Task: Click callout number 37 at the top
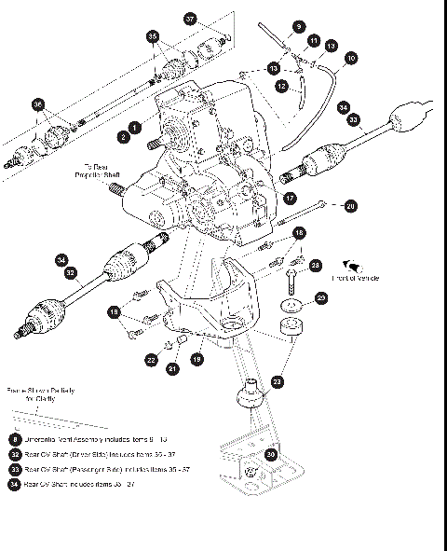click(x=190, y=19)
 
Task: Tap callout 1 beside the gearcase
click(x=135, y=126)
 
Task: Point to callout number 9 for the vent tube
click(x=299, y=27)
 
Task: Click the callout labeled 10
click(x=350, y=58)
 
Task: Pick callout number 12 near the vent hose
click(x=281, y=85)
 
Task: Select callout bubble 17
click(x=290, y=198)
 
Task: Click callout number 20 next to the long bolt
click(x=350, y=205)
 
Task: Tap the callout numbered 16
click(x=299, y=232)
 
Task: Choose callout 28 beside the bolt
click(x=315, y=266)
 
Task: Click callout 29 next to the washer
click(x=321, y=297)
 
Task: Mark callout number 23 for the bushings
click(x=278, y=381)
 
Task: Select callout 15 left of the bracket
click(x=114, y=311)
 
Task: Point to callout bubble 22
click(x=151, y=359)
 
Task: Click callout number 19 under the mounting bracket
click(x=196, y=358)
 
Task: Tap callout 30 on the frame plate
click(x=271, y=454)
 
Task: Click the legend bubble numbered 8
click(x=16, y=438)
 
